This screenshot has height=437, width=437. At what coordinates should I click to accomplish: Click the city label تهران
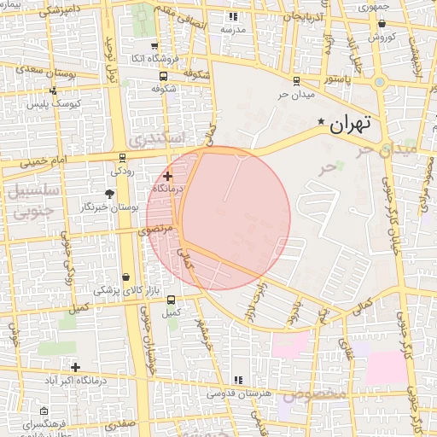point(351,124)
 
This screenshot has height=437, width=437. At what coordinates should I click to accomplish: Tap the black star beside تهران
point(321,122)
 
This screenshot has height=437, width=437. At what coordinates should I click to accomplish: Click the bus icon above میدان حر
point(296,81)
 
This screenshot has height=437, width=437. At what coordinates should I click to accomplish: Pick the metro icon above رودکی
point(122,157)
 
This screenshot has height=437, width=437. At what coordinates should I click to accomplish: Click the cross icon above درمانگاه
point(167,176)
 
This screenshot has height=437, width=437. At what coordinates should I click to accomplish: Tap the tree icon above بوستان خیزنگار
point(109,195)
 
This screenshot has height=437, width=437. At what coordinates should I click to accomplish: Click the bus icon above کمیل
point(172,300)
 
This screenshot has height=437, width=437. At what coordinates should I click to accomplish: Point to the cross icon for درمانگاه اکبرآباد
point(76,367)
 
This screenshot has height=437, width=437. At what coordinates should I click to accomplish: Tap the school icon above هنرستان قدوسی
point(238,380)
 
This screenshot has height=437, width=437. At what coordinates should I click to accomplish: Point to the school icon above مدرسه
point(233,16)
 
